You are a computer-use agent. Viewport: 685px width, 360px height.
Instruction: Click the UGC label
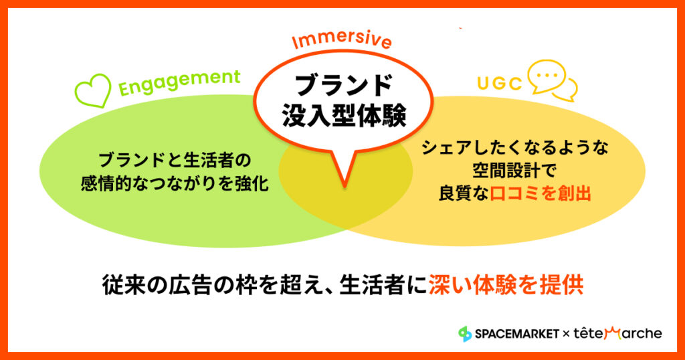(x=500, y=83)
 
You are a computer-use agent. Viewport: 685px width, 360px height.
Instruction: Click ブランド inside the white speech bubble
(x=344, y=85)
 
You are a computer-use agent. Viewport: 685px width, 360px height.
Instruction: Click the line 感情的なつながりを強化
(x=175, y=183)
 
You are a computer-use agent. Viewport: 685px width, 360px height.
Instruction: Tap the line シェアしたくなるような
(x=514, y=148)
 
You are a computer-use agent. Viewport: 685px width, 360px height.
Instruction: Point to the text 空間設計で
(x=514, y=171)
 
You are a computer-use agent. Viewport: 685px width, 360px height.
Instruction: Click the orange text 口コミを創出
(x=541, y=193)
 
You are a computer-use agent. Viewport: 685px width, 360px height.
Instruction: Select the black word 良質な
(x=464, y=193)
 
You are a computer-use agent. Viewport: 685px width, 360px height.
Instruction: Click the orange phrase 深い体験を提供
(x=506, y=285)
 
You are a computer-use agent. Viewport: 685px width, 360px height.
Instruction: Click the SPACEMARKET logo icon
(x=465, y=334)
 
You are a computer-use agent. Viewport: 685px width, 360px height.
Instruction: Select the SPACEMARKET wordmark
(x=517, y=334)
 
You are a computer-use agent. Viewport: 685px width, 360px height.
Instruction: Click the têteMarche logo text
(x=617, y=334)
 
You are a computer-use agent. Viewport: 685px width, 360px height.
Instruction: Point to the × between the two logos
(x=566, y=334)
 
